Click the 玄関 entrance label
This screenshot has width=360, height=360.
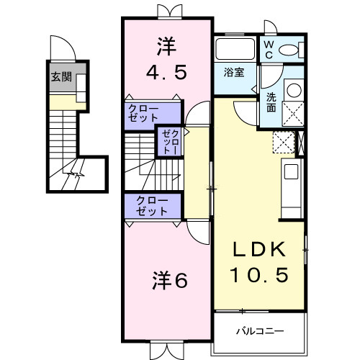pyautogui.click(x=61, y=77)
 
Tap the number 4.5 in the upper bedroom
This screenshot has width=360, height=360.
pyautogui.click(x=166, y=73)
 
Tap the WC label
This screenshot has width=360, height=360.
pyautogui.click(x=268, y=48)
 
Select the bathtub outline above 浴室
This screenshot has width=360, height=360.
pyautogui.click(x=235, y=50)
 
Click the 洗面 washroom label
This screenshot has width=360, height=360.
pyautogui.click(x=271, y=102)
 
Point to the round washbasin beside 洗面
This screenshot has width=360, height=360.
pyautogui.click(x=293, y=91)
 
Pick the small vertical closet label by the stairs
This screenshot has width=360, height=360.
pyautogui.click(x=168, y=141)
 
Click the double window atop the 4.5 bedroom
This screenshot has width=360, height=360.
pyautogui.click(x=166, y=10)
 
